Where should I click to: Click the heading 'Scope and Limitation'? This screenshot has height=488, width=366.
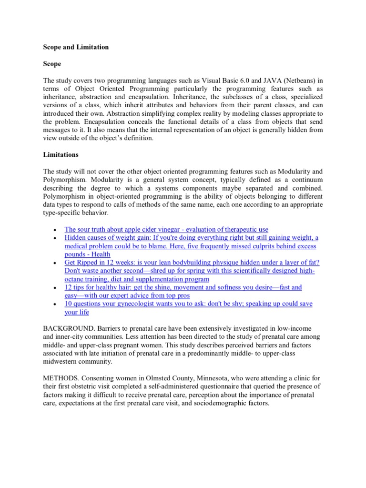(x=76, y=47)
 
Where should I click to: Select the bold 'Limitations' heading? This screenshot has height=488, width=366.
(x=61, y=155)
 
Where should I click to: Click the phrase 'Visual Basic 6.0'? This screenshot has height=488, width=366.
(x=219, y=80)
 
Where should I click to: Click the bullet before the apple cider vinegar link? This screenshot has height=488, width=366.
(x=56, y=230)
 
